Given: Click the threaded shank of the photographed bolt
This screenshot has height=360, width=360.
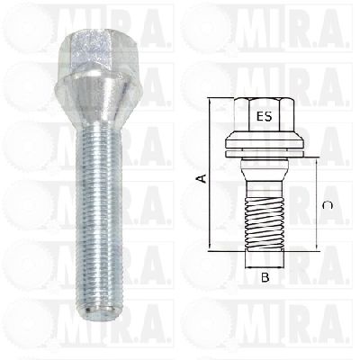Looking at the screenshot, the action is (x=98, y=216).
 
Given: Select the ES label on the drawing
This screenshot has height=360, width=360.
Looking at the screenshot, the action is (x=264, y=116).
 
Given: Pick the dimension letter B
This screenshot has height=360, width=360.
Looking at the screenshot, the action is (x=265, y=278).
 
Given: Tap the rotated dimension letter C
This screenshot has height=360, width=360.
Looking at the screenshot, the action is (x=327, y=205).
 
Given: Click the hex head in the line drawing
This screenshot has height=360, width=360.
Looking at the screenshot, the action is (x=265, y=115).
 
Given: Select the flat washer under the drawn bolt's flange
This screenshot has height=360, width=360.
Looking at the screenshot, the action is (x=265, y=154).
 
